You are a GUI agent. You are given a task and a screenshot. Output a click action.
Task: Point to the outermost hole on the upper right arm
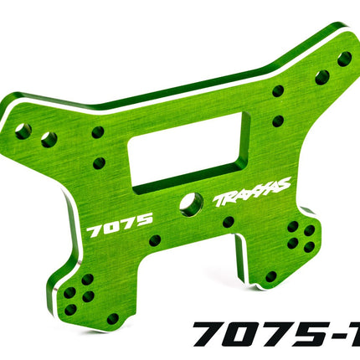tap(344, 59)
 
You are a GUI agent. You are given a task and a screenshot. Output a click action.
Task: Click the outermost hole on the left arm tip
tap(23, 131)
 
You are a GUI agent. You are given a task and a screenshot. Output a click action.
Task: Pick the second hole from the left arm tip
tap(49, 138)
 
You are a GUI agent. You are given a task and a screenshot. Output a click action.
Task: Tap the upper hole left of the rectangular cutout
tap(97, 132)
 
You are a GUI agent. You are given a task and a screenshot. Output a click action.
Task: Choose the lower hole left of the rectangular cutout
tap(99, 163)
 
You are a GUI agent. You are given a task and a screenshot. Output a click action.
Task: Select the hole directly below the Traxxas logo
tap(228, 222)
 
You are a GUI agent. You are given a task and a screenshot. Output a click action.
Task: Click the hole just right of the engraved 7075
tap(156, 240)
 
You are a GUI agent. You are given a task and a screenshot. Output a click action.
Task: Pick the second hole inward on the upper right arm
tap(321, 78)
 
